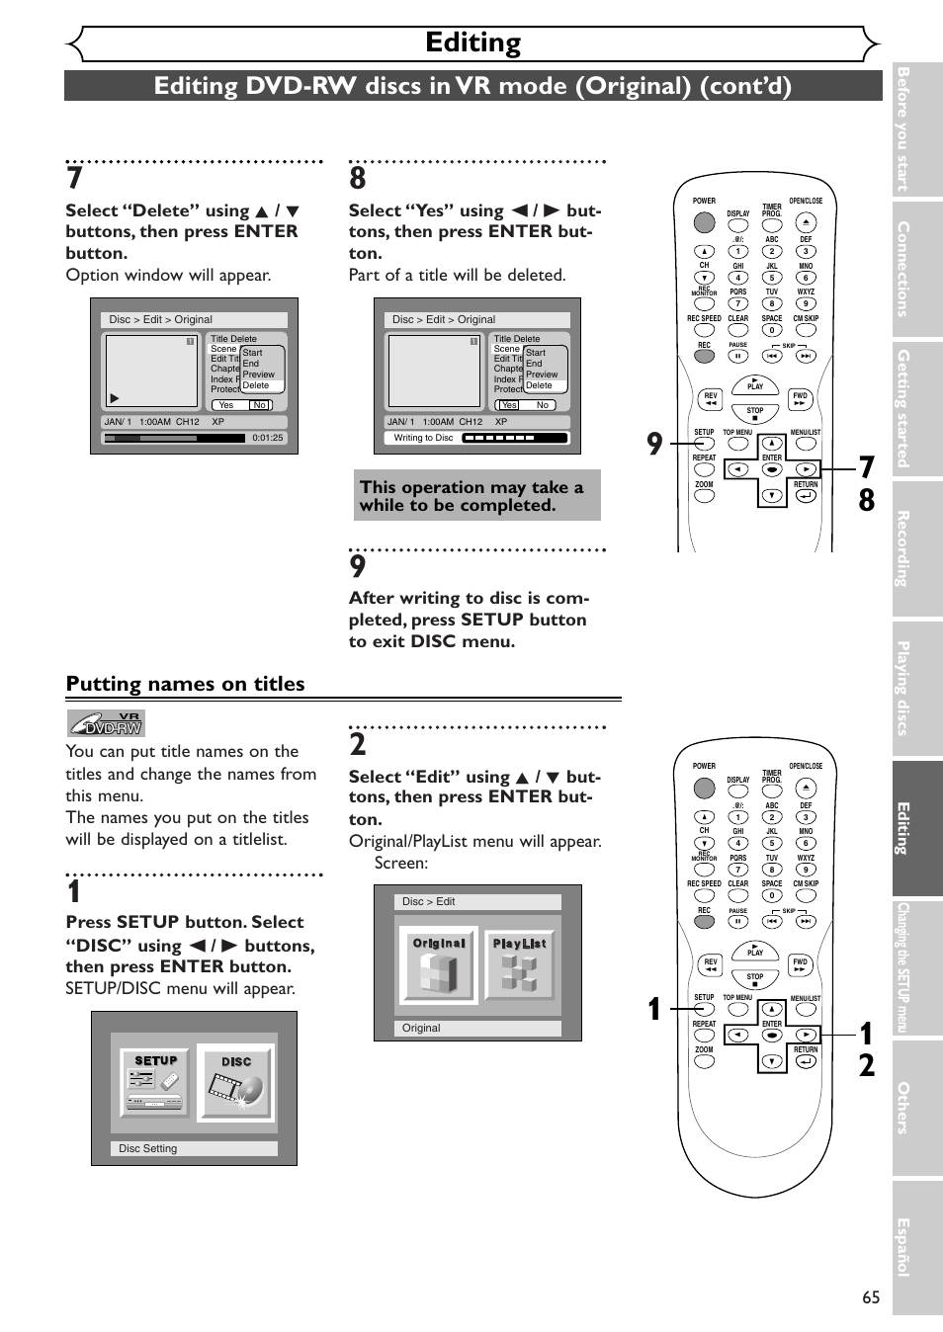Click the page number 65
[870, 1297]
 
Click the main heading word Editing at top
[472, 42]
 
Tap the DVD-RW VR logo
[106, 723]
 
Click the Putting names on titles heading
[185, 684]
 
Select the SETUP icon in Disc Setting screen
[156, 1083]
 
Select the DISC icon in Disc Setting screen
[235, 1083]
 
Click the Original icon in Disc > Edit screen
[438, 965]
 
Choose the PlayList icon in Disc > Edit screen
[519, 965]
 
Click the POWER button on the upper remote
[704, 221]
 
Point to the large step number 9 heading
[358, 566]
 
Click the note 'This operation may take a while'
[476, 496]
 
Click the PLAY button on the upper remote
[755, 385]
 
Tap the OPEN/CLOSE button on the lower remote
[806, 788]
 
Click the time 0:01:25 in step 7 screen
[267, 438]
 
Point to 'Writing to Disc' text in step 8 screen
[423, 438]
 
